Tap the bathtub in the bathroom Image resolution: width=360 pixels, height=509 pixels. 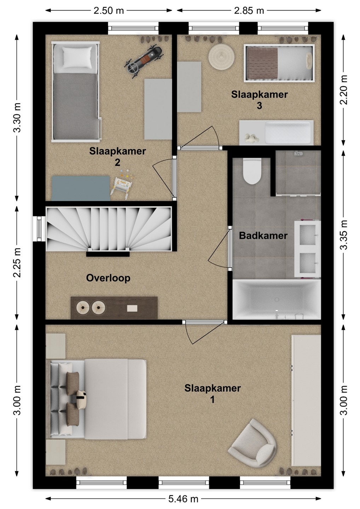click(277, 299)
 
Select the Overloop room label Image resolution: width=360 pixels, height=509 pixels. click(108, 278)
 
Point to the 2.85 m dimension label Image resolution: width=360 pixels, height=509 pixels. click(249, 11)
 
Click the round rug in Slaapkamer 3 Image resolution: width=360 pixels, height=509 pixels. click(222, 55)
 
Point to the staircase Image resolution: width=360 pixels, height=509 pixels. click(109, 229)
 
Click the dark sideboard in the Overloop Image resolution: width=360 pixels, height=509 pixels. click(114, 308)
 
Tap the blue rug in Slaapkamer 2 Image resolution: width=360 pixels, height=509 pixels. click(81, 188)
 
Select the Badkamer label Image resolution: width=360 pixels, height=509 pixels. click(263, 236)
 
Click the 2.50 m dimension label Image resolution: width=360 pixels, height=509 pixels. click(109, 11)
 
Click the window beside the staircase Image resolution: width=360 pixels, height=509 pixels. click(39, 229)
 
